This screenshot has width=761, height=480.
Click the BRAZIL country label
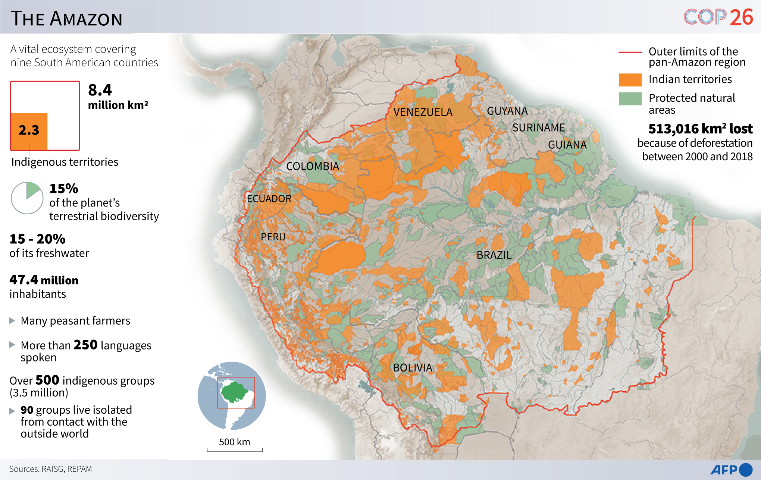click(494, 255)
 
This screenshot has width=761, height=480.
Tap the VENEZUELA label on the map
click(423, 112)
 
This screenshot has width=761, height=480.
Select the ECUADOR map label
click(269, 199)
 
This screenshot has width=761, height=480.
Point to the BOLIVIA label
click(413, 368)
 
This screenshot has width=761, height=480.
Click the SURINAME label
click(538, 128)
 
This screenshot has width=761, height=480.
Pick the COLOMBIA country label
click(313, 166)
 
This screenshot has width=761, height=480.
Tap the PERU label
click(273, 237)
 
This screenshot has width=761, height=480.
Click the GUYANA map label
click(507, 111)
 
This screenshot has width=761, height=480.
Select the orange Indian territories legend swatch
click(630, 80)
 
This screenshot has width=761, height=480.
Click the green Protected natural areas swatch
click(630, 99)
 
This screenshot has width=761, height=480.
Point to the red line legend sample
click(630, 53)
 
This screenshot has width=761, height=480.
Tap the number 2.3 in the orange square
click(29, 130)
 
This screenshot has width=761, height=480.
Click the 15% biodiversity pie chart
click(27, 198)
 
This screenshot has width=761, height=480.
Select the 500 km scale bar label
click(234, 442)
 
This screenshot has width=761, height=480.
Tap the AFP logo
click(731, 470)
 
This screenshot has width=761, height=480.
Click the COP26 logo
click(718, 17)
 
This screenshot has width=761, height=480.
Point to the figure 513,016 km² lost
click(700, 129)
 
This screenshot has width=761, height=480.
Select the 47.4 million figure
click(44, 280)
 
